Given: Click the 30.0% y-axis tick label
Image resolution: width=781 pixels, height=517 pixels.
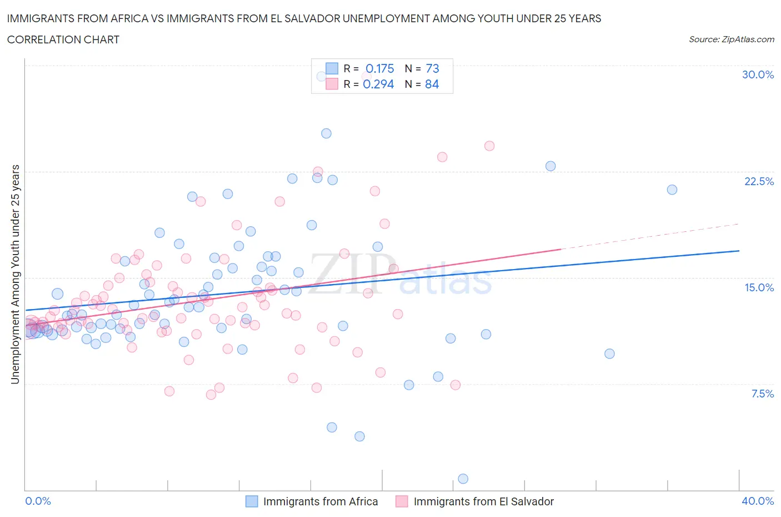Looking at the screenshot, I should [x=758, y=74].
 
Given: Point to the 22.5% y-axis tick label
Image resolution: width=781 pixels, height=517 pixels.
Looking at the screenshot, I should [x=759, y=181].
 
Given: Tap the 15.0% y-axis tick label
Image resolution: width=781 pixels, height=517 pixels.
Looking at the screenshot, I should [x=759, y=287].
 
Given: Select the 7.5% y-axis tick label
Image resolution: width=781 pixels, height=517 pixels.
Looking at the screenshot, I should [x=762, y=394].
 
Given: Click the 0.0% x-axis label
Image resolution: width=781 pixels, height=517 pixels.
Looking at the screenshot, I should [x=38, y=501].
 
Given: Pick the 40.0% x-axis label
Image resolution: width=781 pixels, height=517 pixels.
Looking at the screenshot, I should [x=758, y=501].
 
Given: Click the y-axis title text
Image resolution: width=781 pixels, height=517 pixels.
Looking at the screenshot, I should [x=15, y=274].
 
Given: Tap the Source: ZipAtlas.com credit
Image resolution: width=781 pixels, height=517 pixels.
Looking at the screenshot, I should [x=731, y=39].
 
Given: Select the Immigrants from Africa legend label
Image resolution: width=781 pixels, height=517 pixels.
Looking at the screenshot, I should [x=320, y=501].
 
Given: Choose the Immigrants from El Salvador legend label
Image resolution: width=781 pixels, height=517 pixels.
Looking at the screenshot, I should [x=483, y=501].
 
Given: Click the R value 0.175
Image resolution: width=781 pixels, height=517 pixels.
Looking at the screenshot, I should [x=379, y=68].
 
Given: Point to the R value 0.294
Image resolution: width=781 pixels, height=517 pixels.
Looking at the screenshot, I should [x=378, y=84].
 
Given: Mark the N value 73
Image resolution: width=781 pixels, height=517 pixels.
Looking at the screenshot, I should [x=432, y=68].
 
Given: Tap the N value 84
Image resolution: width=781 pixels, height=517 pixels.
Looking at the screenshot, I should [x=432, y=84].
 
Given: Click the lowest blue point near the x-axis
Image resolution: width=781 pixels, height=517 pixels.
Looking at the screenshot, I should [x=463, y=479].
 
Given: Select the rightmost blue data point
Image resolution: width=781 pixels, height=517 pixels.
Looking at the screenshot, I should [x=672, y=190].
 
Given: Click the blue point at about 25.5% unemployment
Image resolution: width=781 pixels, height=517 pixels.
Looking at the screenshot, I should [x=326, y=133].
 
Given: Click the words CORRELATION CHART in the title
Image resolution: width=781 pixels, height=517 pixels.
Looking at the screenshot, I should [x=63, y=39].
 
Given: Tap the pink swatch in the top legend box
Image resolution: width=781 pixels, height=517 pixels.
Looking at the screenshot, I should [x=332, y=84].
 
